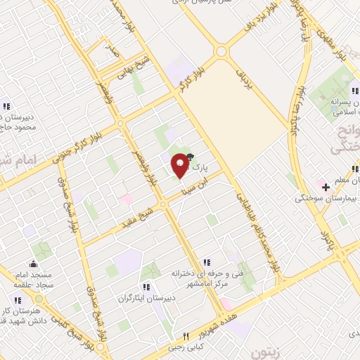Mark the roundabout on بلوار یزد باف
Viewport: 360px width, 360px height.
pyautogui.click(x=222, y=51)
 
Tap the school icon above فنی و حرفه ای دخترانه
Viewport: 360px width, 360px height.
pyautogui.click(x=205, y=262)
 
